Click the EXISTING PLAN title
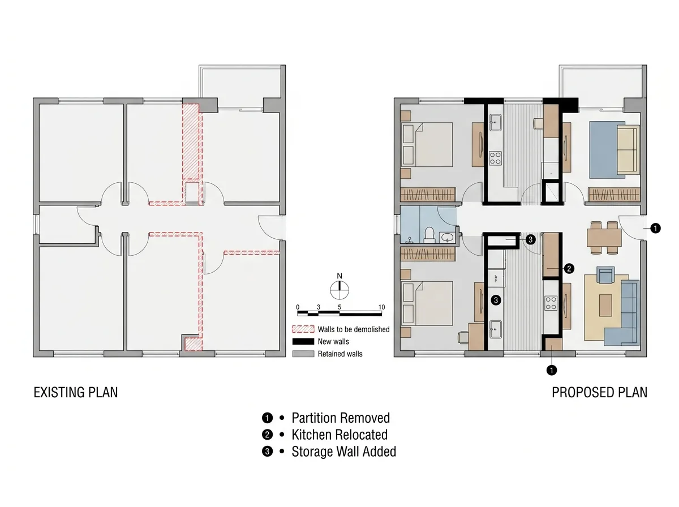pyautogui.click(x=75, y=392)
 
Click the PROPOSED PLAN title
pyautogui.click(x=599, y=392)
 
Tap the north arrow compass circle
pyautogui.click(x=339, y=290)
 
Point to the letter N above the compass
pyautogui.click(x=339, y=276)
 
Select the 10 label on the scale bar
pyautogui.click(x=381, y=307)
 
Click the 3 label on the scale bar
pyautogui.click(x=319, y=307)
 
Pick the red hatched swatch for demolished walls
pyautogui.click(x=303, y=329)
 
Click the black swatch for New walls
pyautogui.click(x=303, y=342)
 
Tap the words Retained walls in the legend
pyautogui.click(x=340, y=354)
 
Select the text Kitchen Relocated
pyautogui.click(x=339, y=435)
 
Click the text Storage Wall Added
pyautogui.click(x=343, y=452)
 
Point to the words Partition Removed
pyautogui.click(x=341, y=418)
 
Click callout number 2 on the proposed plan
pyautogui.click(x=569, y=269)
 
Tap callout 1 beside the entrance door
pyautogui.click(x=655, y=228)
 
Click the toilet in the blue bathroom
pyautogui.click(x=429, y=235)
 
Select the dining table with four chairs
pyautogui.click(x=604, y=238)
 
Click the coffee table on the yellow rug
pyautogui.click(x=605, y=306)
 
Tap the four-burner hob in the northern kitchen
pyautogui.click(x=495, y=158)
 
